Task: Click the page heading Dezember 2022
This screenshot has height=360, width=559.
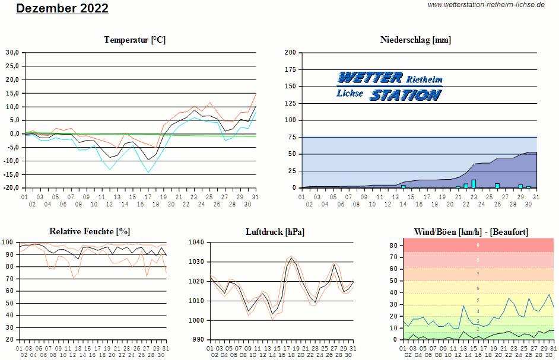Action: [x=62, y=8]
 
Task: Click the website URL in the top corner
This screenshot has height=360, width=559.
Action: [x=486, y=5]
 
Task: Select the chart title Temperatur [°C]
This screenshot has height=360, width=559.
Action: [x=135, y=40]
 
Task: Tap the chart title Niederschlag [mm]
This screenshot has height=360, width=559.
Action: [x=415, y=40]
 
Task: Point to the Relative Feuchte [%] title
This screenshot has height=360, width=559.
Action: [x=90, y=231]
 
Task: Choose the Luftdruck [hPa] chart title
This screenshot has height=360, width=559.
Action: [x=275, y=231]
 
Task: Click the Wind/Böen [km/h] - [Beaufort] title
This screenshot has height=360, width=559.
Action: [x=471, y=231]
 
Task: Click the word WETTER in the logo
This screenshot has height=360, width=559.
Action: [x=370, y=78]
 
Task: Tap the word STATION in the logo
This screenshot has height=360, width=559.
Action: [x=406, y=95]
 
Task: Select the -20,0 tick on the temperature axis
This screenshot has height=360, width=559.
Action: [x=11, y=188]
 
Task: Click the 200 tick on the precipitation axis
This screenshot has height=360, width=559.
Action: [x=290, y=52]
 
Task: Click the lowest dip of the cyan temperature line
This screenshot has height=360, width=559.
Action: [x=148, y=172]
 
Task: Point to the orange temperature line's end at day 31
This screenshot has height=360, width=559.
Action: [x=256, y=94]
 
